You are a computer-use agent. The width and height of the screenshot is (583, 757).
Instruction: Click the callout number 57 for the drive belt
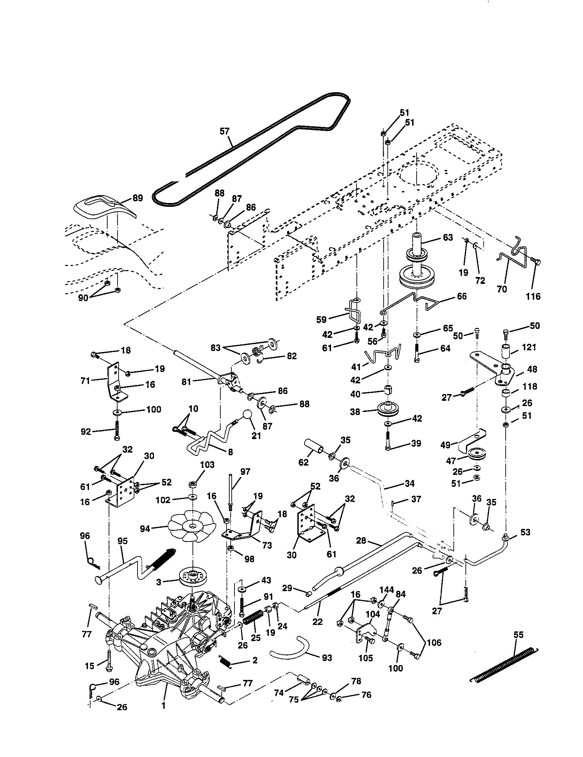tap(224, 131)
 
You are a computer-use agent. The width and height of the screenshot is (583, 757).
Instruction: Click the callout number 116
tap(533, 296)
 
